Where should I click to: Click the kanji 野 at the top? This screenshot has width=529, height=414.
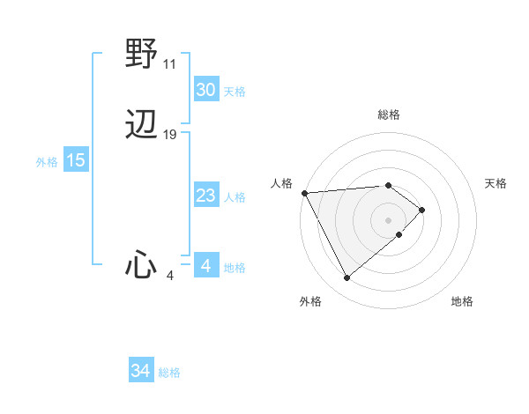coord(141,55)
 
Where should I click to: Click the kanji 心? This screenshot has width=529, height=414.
coord(141,264)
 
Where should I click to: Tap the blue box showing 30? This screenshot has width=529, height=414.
coord(206,90)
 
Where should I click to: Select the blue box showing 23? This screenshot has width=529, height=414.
coord(206,196)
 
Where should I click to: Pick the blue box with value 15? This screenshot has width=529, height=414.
coord(76,160)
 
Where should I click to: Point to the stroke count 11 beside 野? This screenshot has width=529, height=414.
coord(170,64)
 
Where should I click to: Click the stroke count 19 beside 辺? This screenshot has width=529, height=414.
coord(170,135)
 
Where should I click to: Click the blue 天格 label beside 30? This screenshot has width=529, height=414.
coord(235,92)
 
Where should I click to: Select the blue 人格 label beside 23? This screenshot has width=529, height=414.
coord(235,197)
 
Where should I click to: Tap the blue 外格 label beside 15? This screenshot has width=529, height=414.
coord(47,162)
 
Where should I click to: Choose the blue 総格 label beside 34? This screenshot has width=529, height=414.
coord(169,373)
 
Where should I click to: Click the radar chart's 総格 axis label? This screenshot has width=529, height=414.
coord(389,115)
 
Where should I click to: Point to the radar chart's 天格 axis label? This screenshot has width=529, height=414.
coord(495,183)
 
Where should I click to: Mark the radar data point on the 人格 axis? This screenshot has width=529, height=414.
coord(304,192)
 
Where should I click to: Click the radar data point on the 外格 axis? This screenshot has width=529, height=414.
coord(346,278)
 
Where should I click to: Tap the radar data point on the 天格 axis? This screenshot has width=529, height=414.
coord(422,210)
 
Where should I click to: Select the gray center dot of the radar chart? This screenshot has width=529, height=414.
coord(389,219)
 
